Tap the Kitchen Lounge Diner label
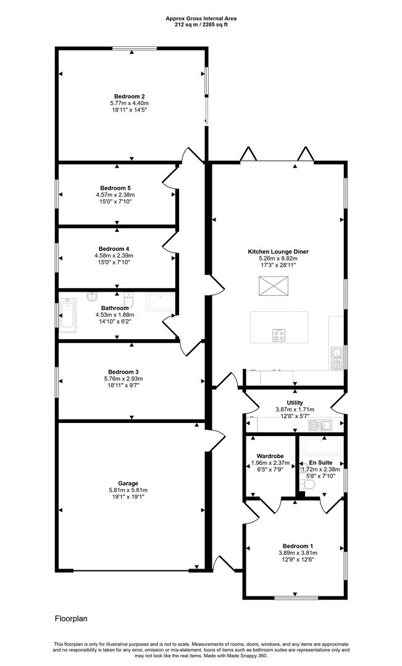278,252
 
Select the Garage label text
129,483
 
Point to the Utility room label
295,402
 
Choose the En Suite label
320,462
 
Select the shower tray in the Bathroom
160,302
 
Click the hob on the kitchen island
279,335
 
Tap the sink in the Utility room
321,424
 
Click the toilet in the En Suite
309,485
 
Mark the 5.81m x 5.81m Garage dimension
129,490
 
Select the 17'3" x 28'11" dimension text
278,265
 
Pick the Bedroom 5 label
115,188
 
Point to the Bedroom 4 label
115,249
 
